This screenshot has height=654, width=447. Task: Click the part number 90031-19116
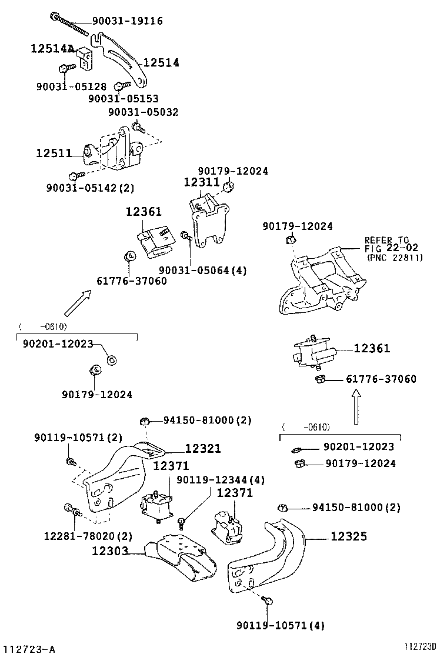128,21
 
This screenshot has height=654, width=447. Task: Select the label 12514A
52,49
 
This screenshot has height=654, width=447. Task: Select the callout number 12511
54,154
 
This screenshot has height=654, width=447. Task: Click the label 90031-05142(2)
90,188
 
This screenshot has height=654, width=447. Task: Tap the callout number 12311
201,182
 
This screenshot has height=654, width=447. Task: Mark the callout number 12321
203,449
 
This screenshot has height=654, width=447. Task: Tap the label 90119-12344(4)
220,480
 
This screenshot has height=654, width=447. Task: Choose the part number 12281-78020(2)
88,536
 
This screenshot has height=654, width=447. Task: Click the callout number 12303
110,551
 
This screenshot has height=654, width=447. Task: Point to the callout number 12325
348,536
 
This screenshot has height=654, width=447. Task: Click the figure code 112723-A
28,649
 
